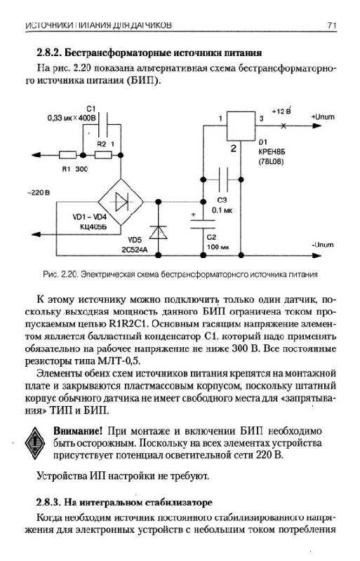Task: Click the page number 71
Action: (x=332, y=25)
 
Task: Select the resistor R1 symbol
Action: (x=67, y=155)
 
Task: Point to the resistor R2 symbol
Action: (x=103, y=155)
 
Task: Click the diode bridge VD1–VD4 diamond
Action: (x=121, y=202)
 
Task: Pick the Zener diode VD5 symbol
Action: (x=158, y=232)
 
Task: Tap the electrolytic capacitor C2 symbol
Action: (x=203, y=224)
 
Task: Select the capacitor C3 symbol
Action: (x=222, y=180)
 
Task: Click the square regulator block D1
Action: (x=241, y=126)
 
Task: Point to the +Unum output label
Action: (x=323, y=117)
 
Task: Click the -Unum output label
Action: (x=323, y=245)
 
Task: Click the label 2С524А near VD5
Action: (x=134, y=250)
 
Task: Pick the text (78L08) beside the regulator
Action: (x=271, y=162)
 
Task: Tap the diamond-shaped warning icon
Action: (x=35, y=443)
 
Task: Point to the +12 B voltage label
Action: (x=281, y=111)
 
